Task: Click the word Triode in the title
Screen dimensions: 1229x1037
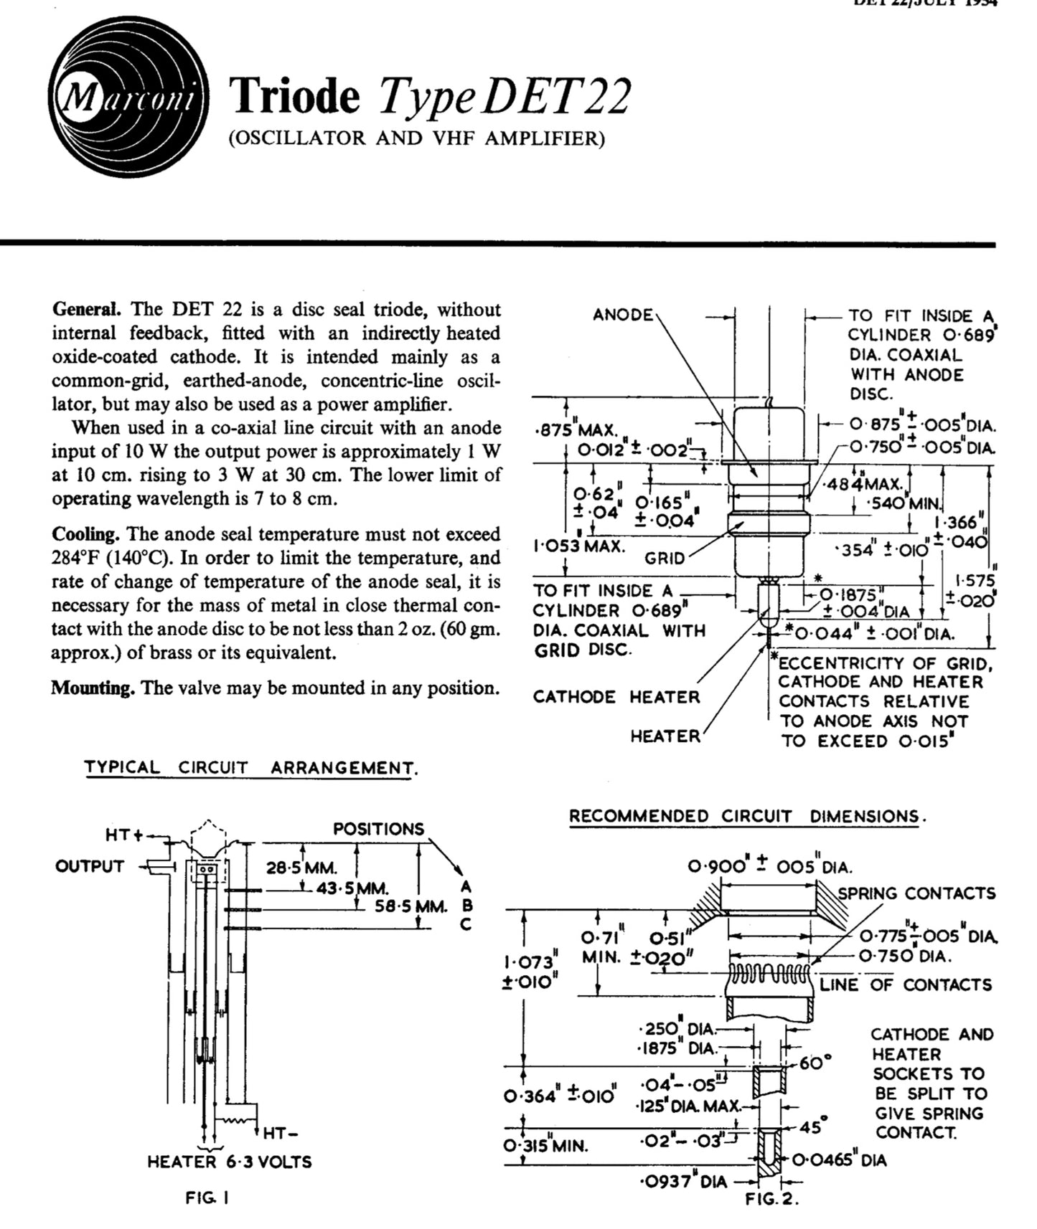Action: tap(294, 97)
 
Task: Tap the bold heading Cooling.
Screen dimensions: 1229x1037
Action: tap(84, 534)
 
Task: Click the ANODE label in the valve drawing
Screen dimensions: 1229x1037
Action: tap(623, 315)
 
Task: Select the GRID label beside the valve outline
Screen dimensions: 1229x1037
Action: tap(664, 558)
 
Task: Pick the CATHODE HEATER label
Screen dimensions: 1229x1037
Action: tap(616, 697)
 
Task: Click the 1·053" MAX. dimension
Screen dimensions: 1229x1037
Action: tap(578, 546)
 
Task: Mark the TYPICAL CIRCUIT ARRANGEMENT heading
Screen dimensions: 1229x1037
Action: tap(250, 767)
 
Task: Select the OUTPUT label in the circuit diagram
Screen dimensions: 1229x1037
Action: tap(90, 866)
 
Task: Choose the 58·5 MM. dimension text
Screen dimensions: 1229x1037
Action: tap(411, 906)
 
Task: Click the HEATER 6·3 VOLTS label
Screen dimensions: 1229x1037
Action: tap(230, 1162)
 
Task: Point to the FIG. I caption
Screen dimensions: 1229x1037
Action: tap(207, 1197)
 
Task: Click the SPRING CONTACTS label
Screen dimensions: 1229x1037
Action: tap(916, 893)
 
